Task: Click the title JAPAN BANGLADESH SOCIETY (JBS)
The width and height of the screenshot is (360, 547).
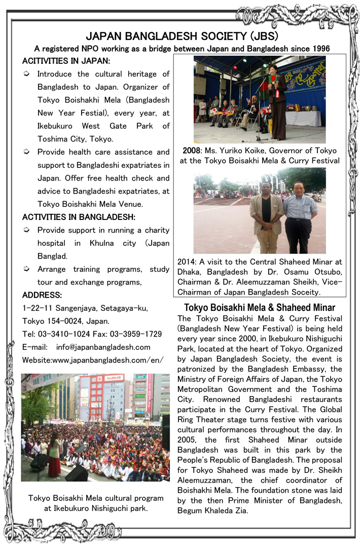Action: point(182,37)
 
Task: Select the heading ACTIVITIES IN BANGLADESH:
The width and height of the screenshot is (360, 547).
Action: point(78,217)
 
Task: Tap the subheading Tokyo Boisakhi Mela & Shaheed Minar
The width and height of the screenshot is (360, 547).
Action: point(259,308)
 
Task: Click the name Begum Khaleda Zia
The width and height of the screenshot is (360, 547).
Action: point(212,510)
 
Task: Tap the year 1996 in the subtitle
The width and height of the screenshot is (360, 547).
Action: point(320,49)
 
